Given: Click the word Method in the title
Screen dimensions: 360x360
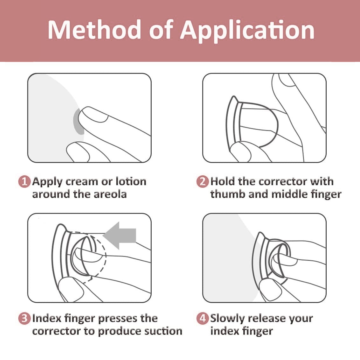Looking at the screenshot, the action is click(94, 30).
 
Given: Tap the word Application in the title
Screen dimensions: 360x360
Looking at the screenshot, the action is click(247, 31).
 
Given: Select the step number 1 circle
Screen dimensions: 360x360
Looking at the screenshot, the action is click(24, 182).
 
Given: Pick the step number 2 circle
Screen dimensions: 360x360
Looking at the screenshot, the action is click(202, 182).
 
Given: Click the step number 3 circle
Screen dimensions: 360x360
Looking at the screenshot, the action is click(24, 318).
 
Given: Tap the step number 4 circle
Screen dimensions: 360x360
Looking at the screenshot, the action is click(202, 318).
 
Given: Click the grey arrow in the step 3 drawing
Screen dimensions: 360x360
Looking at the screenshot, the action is click(119, 235).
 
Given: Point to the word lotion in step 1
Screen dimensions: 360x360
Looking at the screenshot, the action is click(131, 181).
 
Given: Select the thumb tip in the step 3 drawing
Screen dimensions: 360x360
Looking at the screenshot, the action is click(70, 288).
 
